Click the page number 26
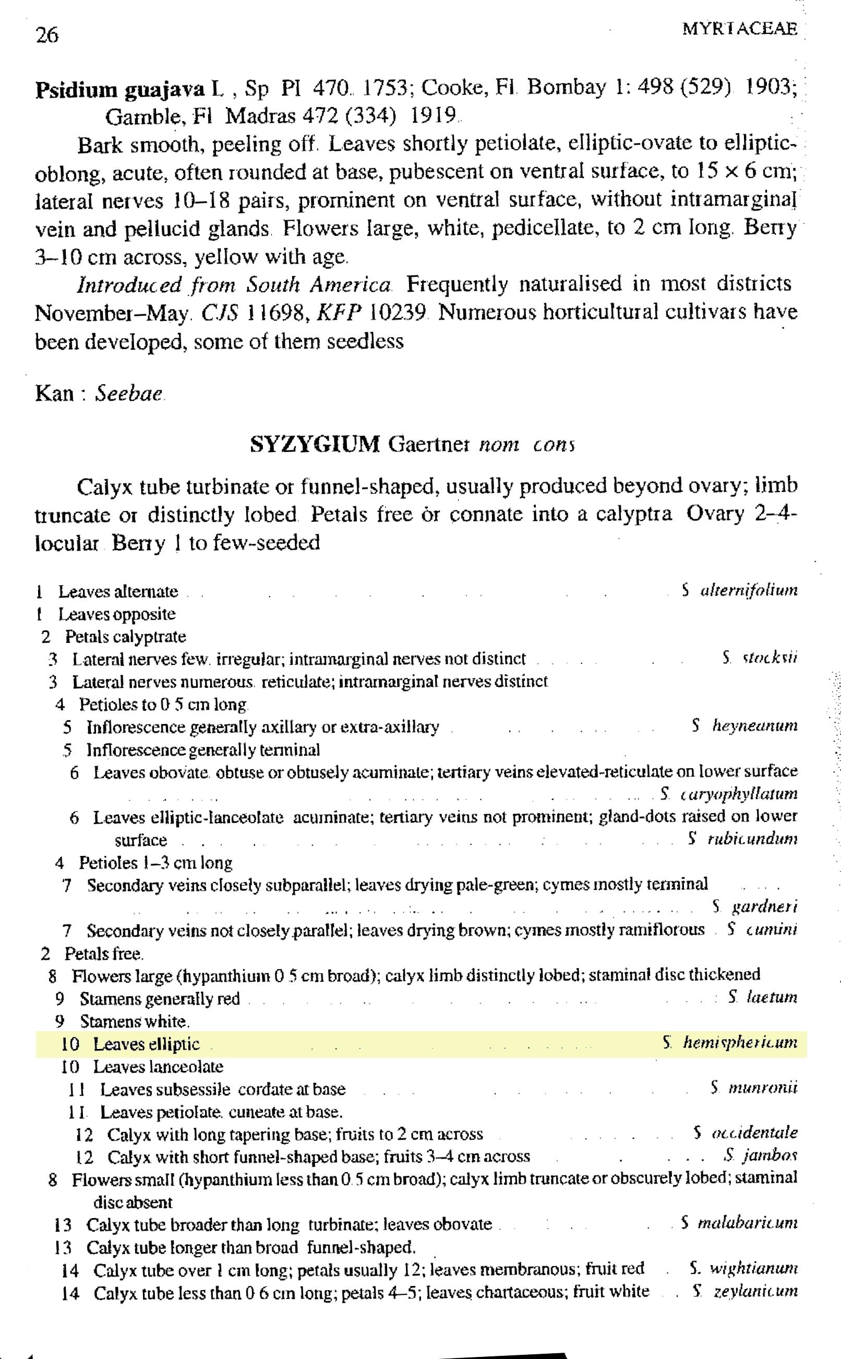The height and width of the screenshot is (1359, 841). coord(47,35)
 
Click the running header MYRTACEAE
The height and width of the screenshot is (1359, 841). coord(739,29)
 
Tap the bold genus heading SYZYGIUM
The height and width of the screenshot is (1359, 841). coord(315,445)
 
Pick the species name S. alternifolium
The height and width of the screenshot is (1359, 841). coord(739,590)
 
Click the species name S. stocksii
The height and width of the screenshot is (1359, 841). coord(759,659)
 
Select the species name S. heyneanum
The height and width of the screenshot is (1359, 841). coord(745,726)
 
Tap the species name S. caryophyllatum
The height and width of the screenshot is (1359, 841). coord(729,793)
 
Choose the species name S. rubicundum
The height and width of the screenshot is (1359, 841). coord(742,838)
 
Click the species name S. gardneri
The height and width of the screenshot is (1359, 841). coord(755,907)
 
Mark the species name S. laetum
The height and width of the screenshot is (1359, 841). coord(762,997)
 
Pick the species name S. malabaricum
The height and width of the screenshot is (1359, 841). coord(739,1223)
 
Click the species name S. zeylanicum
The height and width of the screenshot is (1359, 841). coord(745,1291)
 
